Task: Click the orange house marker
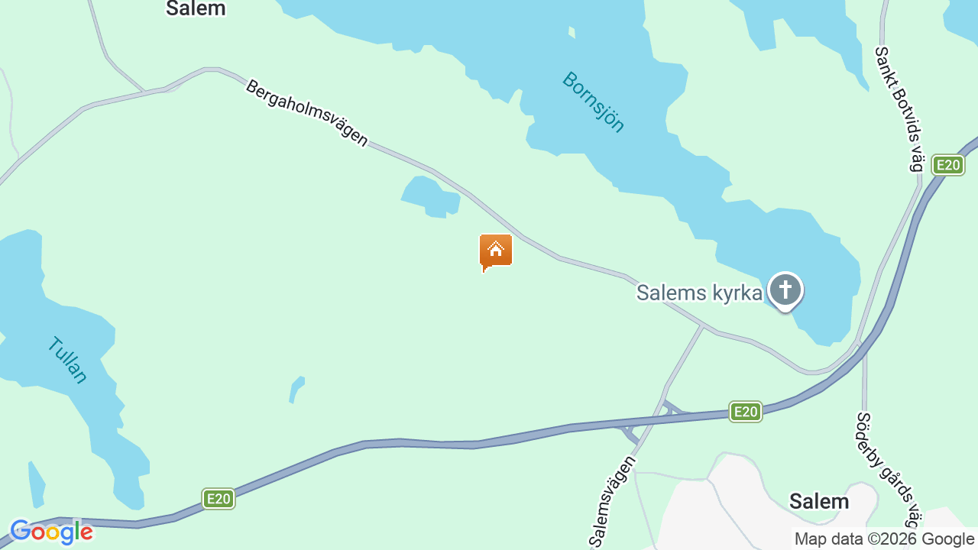tap(496, 251)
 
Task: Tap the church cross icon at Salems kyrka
tap(785, 290)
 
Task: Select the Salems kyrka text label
tap(699, 293)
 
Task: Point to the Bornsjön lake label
tap(594, 102)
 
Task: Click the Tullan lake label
tap(67, 359)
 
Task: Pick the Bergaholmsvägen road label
tap(306, 113)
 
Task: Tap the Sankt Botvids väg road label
tap(900, 108)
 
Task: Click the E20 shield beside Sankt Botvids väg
tap(947, 165)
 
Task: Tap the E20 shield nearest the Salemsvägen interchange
tap(745, 412)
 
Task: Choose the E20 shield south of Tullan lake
tap(219, 499)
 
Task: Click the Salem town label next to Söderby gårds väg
tap(819, 501)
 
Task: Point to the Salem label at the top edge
tap(196, 8)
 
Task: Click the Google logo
tap(51, 532)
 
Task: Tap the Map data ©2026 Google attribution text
tap(884, 539)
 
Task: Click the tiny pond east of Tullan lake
tap(296, 388)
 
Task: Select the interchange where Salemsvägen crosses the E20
tap(649, 421)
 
